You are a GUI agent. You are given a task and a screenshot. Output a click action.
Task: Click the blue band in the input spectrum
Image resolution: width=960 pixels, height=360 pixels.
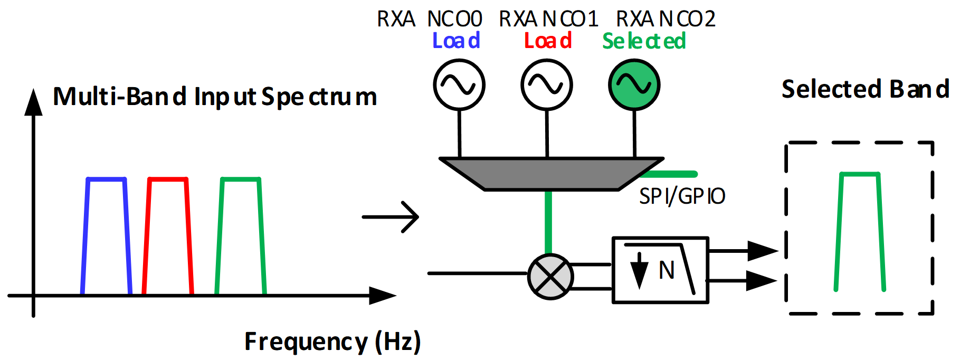[x=106, y=179]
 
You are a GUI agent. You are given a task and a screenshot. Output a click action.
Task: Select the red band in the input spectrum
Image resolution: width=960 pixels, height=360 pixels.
[x=167, y=179]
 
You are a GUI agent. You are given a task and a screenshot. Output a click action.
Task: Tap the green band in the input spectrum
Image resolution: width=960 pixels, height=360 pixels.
[x=241, y=179]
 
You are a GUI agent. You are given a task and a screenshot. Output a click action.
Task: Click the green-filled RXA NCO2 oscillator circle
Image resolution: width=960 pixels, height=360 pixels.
[x=634, y=84]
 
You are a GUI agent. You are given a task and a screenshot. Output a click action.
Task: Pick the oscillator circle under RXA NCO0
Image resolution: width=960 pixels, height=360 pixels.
[x=459, y=84]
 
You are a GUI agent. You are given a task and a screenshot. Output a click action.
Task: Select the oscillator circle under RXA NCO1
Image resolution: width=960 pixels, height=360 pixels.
[x=547, y=84]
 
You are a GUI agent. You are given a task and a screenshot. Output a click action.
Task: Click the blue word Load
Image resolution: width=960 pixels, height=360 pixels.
[x=456, y=41]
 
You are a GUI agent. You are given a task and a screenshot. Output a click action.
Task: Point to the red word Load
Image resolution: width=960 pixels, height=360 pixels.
[x=548, y=41]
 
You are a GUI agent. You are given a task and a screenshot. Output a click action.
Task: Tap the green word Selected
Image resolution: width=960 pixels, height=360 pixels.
[x=644, y=41]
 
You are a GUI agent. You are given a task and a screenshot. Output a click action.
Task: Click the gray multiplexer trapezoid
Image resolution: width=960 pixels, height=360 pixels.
[x=551, y=173]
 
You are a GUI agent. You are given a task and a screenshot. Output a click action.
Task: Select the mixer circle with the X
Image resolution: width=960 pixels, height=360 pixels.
[x=550, y=277]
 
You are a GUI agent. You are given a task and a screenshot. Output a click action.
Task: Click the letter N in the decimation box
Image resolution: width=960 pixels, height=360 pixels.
[x=667, y=270]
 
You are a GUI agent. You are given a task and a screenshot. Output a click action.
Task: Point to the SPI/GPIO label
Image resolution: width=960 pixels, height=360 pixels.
[x=682, y=196]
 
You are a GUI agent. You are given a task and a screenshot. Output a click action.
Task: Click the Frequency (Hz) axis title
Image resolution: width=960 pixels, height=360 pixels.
[x=332, y=342]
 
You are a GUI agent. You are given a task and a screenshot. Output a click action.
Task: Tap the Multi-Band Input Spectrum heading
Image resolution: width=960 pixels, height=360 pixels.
[x=215, y=97]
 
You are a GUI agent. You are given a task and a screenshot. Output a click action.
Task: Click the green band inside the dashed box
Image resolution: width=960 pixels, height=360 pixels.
[x=860, y=174]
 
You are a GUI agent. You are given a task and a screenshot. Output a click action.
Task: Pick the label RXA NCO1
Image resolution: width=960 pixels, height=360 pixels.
[x=548, y=19]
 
